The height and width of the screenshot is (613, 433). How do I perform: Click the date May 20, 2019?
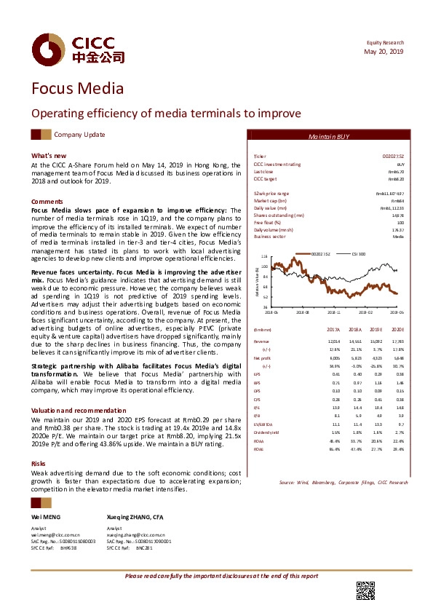[384, 52]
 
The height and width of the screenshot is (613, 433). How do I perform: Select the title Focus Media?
[77, 90]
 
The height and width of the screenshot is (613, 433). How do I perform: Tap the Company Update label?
[80, 135]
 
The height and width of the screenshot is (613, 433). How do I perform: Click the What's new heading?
[49, 156]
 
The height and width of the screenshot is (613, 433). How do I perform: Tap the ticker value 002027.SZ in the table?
[394, 157]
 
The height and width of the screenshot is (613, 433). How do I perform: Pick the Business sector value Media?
[398, 237]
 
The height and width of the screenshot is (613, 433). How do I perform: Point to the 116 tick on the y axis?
[264, 257]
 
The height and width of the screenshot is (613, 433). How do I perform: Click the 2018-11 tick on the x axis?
[333, 311]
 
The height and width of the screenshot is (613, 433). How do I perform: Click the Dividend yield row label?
[265, 413]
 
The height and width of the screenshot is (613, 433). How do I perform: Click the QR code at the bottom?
[365, 591]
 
